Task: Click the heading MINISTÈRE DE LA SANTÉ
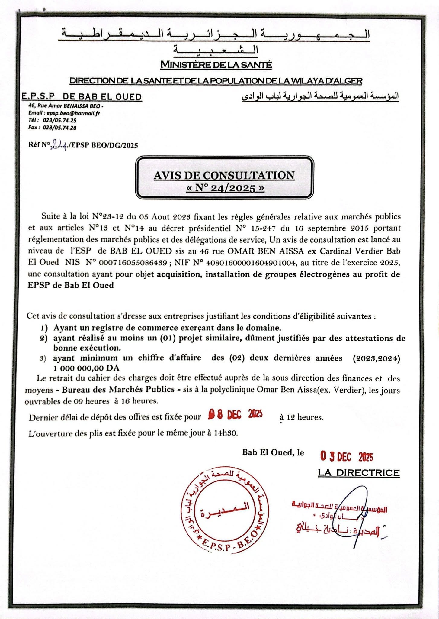coord(216,65)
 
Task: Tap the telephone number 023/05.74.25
coord(59,120)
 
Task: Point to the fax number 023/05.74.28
coord(59,128)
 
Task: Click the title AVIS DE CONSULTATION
coord(224,175)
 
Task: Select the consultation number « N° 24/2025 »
coord(225,188)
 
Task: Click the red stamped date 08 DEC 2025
coord(235,415)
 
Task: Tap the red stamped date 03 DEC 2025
coord(347,457)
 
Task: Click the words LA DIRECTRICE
coord(359,473)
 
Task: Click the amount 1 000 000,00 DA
coord(86,368)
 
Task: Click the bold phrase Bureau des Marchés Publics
coord(118,390)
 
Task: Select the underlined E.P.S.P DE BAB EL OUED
coord(82,97)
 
